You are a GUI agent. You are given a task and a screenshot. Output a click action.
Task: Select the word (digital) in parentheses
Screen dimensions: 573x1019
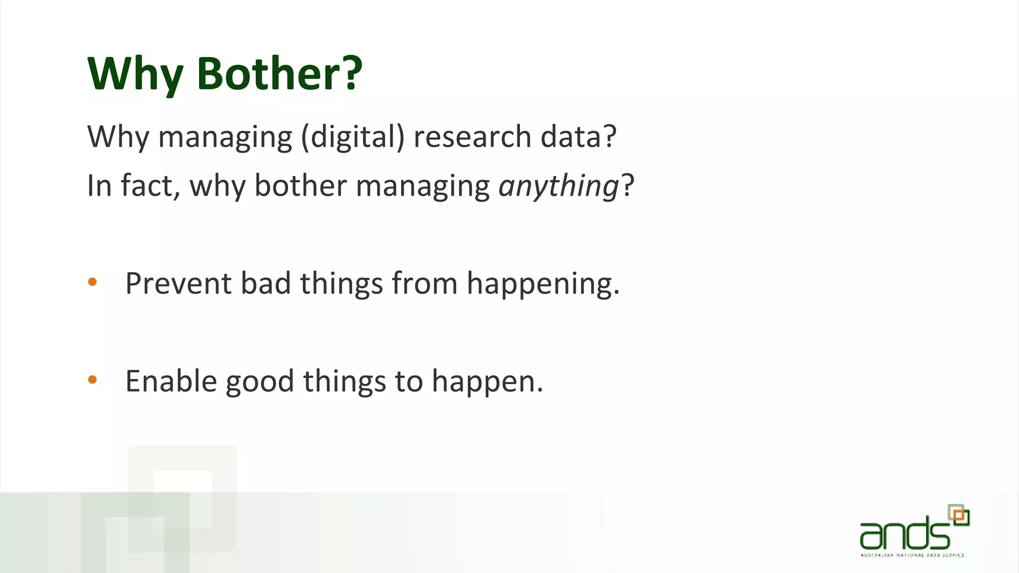353,137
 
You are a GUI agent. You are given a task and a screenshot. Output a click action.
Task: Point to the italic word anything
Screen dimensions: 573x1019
558,187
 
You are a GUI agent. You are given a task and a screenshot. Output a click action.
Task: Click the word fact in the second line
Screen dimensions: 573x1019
146,186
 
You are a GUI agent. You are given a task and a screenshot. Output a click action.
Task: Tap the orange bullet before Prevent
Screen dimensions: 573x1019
93,283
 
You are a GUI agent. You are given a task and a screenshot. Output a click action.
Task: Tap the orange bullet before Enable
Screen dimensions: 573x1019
93,380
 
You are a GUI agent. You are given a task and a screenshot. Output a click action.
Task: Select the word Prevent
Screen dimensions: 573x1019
178,284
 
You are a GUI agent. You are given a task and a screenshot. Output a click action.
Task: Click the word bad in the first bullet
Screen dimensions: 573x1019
265,284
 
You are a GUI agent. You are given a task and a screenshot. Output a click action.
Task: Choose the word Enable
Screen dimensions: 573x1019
171,381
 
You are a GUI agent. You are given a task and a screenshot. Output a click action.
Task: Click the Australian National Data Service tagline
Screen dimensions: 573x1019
912,555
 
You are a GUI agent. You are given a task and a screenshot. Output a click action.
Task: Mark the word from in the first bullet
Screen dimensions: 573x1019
424,284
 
